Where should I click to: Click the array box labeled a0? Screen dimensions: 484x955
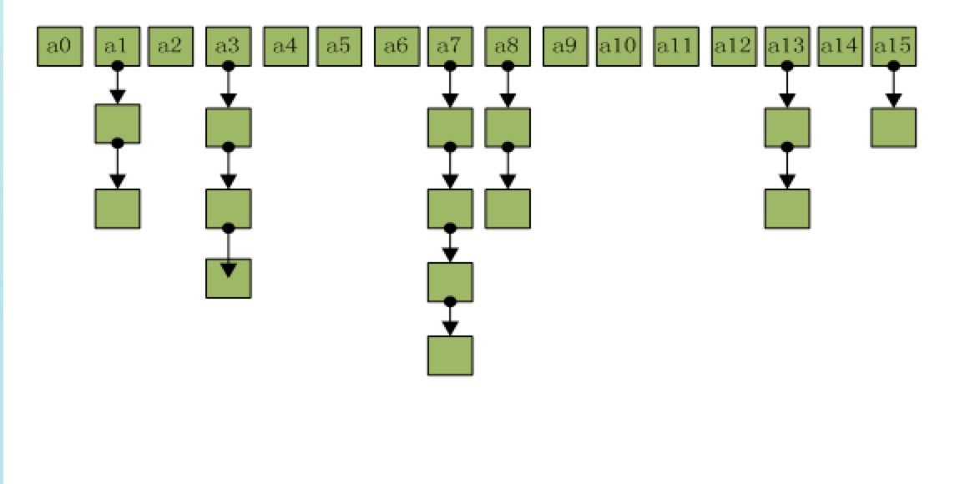click(x=59, y=46)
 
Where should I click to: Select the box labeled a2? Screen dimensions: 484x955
click(x=169, y=46)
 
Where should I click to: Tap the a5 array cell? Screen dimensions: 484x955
click(x=338, y=46)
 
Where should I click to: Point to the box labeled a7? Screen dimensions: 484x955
click(x=450, y=46)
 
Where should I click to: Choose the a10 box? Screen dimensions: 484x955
click(x=619, y=46)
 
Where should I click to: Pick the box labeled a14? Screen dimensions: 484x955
click(x=840, y=46)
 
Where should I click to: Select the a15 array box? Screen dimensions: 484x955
click(x=893, y=46)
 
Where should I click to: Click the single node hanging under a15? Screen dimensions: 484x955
click(x=893, y=128)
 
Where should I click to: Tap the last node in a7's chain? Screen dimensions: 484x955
click(x=450, y=355)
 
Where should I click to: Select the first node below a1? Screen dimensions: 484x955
click(x=118, y=124)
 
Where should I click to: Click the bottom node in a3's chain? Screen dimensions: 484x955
click(x=228, y=278)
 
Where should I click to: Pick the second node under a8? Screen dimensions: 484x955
click(x=507, y=209)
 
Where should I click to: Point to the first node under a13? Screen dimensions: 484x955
click(x=786, y=128)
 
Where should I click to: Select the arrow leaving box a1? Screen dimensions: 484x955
click(x=118, y=85)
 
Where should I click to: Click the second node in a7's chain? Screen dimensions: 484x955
click(x=450, y=209)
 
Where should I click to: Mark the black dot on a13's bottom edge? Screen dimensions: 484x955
click(x=786, y=65)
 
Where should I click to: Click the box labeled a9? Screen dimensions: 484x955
click(x=565, y=46)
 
